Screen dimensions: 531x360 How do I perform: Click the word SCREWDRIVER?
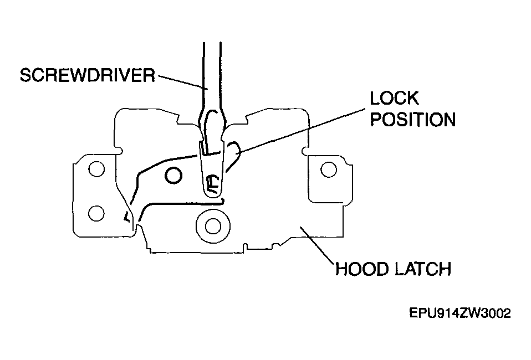click(x=88, y=75)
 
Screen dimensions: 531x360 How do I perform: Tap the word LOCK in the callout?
click(x=394, y=98)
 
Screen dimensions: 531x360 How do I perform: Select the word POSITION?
click(x=413, y=120)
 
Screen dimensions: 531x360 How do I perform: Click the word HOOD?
click(x=362, y=269)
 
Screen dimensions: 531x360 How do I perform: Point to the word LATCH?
click(x=422, y=269)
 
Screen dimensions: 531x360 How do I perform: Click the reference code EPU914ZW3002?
click(x=460, y=313)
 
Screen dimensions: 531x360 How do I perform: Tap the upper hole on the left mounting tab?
click(x=96, y=168)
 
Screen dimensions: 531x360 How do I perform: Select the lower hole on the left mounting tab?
click(x=96, y=213)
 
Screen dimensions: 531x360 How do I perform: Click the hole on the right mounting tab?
click(x=329, y=169)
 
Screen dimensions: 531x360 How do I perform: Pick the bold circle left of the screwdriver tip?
click(x=173, y=175)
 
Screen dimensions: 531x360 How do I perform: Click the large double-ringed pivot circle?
click(x=213, y=226)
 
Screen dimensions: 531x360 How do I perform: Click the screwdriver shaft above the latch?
click(x=212, y=74)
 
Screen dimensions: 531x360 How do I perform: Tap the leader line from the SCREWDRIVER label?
click(x=181, y=81)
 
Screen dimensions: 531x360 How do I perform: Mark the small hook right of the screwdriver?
click(x=234, y=155)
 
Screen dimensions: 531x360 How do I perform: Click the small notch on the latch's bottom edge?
click(x=244, y=248)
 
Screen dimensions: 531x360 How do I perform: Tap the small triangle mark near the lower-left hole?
click(x=127, y=217)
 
